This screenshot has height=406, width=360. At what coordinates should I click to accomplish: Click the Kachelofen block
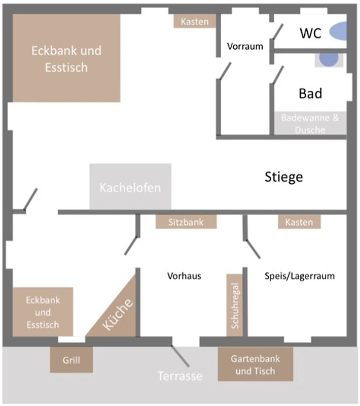pyautogui.click(x=130, y=186)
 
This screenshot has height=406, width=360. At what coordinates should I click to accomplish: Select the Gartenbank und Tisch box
pyautogui.click(x=255, y=364)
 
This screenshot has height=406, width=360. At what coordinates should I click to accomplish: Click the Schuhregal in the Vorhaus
pyautogui.click(x=235, y=304)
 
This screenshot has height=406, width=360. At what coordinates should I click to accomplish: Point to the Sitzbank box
pyautogui.click(x=186, y=222)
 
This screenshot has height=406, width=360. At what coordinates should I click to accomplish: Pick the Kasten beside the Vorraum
pyautogui.click(x=195, y=21)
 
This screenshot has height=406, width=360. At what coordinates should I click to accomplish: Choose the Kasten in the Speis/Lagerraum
pyautogui.click(x=299, y=222)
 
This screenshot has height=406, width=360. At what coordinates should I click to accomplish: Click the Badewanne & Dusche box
pyautogui.click(x=310, y=123)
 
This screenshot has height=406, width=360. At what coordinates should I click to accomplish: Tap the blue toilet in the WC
pyautogui.click(x=338, y=32)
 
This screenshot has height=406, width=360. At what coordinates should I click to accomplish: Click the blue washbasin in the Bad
pyautogui.click(x=329, y=59)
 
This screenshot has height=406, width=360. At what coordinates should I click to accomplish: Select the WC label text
pyautogui.click(x=310, y=33)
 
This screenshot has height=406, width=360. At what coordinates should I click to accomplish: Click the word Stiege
pyautogui.click(x=284, y=177)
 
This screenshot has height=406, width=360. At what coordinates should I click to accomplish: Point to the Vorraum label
pyautogui.click(x=245, y=46)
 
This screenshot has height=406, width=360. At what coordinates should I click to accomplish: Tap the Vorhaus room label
pyautogui.click(x=184, y=276)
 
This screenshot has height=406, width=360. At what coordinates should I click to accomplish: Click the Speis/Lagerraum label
pyautogui.click(x=300, y=276)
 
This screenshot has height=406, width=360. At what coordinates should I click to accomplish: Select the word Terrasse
pyautogui.click(x=179, y=376)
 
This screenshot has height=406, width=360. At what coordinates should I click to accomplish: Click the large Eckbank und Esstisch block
pyautogui.click(x=66, y=58)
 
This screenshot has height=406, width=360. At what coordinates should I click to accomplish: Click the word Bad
pyautogui.click(x=310, y=93)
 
